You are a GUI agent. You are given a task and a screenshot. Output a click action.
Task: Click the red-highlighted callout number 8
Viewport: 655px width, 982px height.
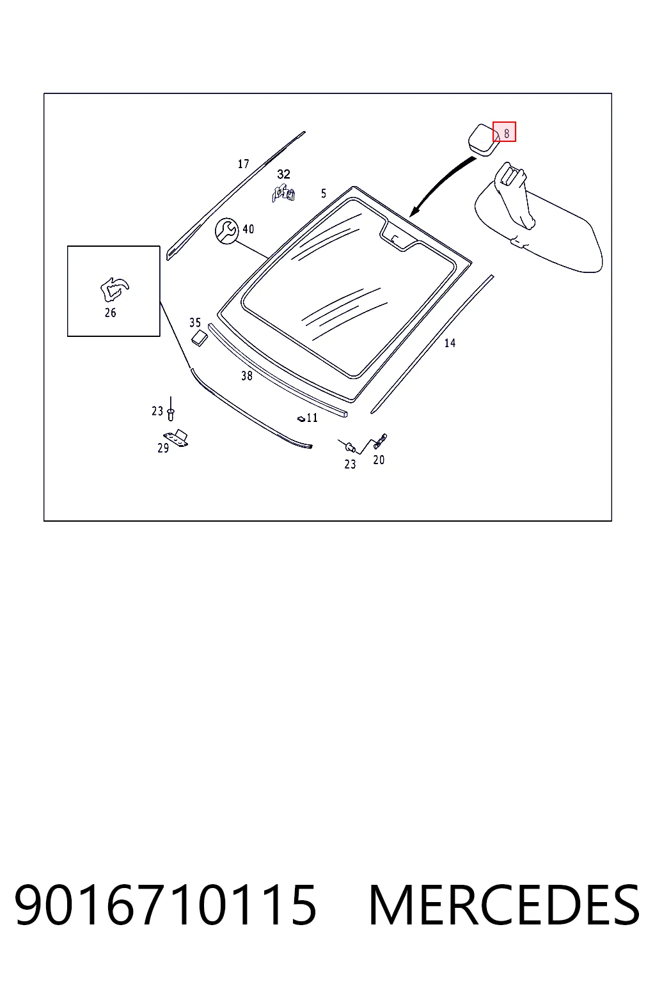507,134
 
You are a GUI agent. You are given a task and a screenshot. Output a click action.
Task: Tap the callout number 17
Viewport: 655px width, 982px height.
244,164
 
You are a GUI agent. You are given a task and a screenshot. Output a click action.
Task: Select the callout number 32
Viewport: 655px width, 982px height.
283,175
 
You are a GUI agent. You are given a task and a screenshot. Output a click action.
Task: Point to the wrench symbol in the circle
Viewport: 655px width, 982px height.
227,231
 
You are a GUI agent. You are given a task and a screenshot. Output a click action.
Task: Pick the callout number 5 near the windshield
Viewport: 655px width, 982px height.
324,193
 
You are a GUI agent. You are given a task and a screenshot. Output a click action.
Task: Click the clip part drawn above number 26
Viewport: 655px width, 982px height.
114,290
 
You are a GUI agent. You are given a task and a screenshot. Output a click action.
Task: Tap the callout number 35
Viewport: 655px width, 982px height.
195,323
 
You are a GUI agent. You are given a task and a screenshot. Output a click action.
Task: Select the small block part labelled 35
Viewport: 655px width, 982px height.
200,338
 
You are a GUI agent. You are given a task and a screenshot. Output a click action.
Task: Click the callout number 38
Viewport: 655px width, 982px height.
246,376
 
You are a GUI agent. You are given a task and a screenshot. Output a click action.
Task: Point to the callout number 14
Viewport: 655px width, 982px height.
450,343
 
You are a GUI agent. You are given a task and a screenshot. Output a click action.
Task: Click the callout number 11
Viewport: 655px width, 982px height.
312,417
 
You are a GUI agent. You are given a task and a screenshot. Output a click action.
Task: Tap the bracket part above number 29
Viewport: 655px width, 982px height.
176,438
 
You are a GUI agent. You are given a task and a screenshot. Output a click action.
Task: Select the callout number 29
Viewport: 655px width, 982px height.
163,448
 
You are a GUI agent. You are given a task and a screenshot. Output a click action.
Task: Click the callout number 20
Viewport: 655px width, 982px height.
379,460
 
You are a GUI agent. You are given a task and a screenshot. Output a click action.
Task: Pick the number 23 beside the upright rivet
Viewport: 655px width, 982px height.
157,411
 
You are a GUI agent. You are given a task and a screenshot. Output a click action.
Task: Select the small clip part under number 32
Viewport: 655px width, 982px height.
283,194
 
